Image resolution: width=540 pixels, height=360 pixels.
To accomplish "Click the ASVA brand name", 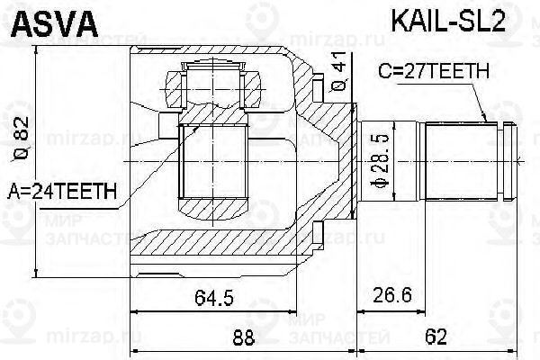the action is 55,24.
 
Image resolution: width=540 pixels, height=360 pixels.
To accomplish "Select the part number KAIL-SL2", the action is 448,21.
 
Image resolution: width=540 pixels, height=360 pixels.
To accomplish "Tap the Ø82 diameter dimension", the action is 22,139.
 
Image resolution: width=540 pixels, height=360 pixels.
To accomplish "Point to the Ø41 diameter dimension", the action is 337,72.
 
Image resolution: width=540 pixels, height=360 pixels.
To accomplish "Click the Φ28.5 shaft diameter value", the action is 381,161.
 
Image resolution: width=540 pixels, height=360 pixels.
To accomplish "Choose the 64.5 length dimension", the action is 214,298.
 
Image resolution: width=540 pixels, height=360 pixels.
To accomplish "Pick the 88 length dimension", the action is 244,337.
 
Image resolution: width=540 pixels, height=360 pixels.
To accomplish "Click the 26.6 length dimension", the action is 392,295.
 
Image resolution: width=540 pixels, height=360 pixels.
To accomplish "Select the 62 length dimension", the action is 436,337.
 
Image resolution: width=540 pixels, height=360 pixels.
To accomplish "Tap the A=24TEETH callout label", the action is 62,192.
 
